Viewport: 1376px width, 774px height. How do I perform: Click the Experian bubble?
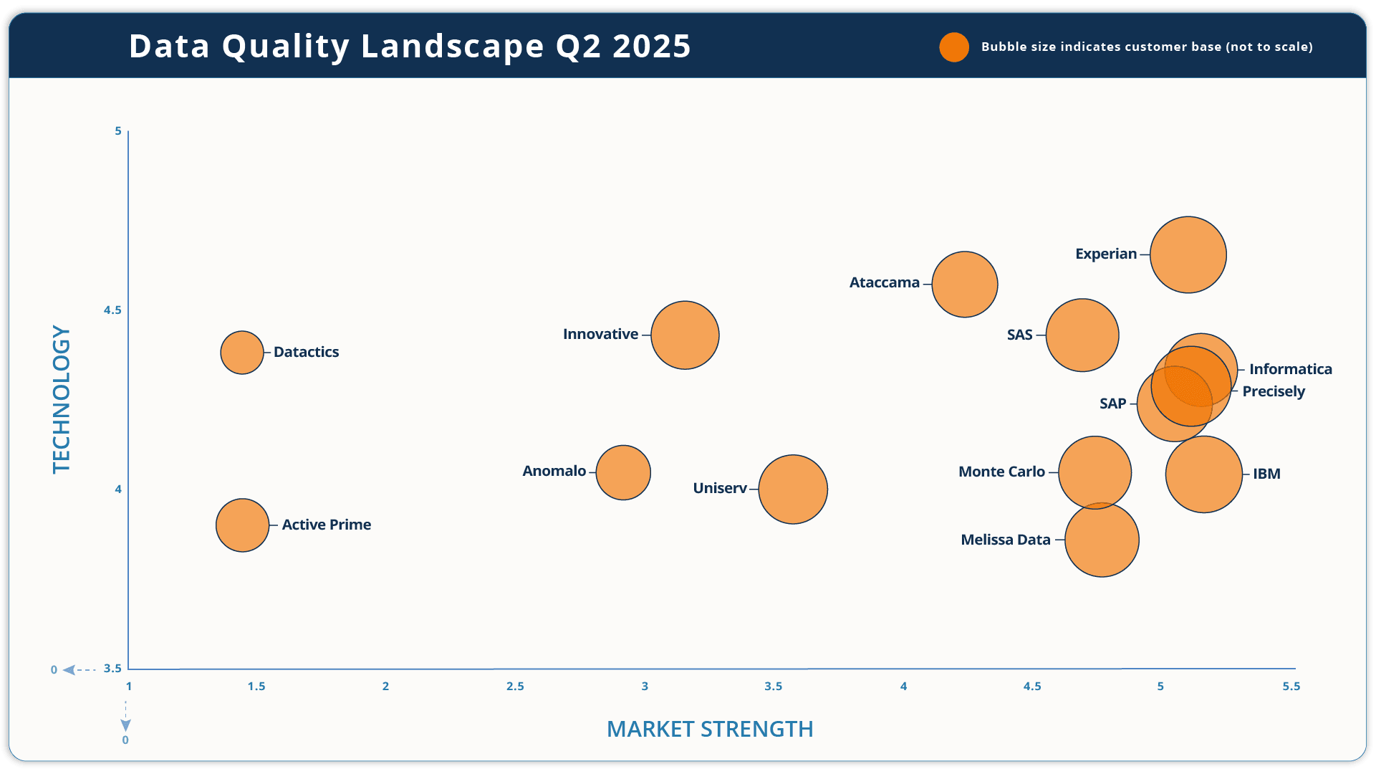pos(1188,254)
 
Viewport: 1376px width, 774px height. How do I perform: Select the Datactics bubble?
pos(242,353)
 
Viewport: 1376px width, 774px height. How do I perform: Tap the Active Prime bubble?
pos(242,525)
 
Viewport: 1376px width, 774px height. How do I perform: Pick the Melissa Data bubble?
pos(1102,540)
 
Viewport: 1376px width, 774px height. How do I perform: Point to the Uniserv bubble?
pos(792,489)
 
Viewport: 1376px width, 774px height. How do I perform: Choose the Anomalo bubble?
pos(623,472)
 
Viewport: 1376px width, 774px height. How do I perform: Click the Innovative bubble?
pos(685,335)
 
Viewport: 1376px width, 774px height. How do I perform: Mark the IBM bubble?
pos(1203,474)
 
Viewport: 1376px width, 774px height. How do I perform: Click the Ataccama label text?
pos(884,283)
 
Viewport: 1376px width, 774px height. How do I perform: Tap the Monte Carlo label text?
pos(1001,472)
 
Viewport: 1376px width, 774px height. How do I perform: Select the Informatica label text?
pos(1290,369)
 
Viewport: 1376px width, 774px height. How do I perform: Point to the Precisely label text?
pos(1273,391)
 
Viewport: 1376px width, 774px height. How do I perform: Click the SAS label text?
pos(1019,335)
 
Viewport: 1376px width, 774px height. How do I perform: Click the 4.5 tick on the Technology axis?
pos(112,310)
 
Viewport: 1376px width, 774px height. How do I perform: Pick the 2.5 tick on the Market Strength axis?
pos(515,687)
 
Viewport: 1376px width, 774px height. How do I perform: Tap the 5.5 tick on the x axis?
pos(1291,687)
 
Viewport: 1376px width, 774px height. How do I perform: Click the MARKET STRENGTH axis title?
pos(710,729)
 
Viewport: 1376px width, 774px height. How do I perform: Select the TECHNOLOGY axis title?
pos(62,399)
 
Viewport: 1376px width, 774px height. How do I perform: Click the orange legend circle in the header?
pos(954,47)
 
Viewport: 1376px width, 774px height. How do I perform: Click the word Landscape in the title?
pos(453,47)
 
